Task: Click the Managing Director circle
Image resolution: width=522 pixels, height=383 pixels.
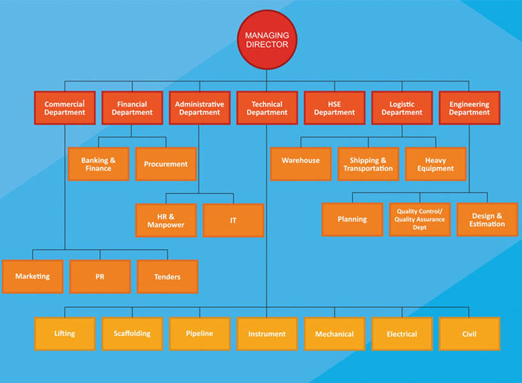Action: tap(267, 40)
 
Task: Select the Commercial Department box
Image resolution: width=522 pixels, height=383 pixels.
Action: tap(65, 108)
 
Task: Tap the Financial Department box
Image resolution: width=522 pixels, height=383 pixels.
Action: tap(132, 108)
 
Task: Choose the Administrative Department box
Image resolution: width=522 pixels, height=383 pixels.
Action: tap(199, 108)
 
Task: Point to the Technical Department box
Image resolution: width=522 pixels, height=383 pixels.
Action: tap(267, 108)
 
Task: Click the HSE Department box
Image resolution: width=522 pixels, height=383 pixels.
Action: tap(334, 108)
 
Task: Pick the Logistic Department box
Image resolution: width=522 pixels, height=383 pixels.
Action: tap(402, 108)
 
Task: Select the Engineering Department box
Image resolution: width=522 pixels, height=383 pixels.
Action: tap(469, 108)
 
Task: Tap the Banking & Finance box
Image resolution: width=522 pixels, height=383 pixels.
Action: tap(98, 164)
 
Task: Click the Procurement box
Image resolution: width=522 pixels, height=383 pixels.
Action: tap(166, 164)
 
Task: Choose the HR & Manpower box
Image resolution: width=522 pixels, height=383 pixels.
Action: tap(166, 221)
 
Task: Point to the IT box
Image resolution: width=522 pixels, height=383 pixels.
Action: tap(233, 221)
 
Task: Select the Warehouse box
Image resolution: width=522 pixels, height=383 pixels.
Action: tap(301, 164)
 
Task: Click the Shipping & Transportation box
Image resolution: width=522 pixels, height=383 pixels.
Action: tap(368, 164)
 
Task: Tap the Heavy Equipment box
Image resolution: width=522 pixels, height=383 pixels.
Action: tap(436, 164)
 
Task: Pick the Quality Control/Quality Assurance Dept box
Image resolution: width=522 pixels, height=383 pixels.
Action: tap(420, 219)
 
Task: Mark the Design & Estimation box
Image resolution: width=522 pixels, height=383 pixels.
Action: tap(487, 219)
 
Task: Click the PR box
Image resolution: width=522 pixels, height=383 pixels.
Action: tap(100, 277)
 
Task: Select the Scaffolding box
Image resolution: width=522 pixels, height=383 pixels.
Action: tap(132, 334)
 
